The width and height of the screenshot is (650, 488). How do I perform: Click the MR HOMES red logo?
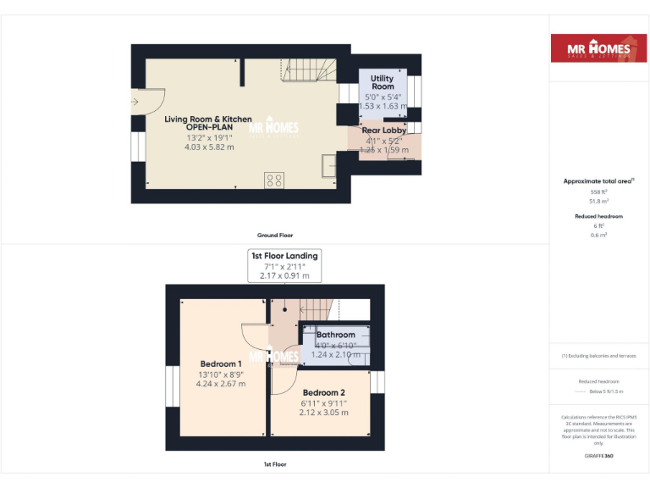coord(599,49)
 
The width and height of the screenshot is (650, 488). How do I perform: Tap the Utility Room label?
coord(383,83)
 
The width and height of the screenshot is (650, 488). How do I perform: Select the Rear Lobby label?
coord(383,130)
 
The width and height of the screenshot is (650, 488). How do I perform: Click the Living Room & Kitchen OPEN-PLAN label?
coord(207,124)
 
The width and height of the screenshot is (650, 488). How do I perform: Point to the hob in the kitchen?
coord(274,180)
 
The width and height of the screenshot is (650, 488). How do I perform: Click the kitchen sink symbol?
coord(328,167)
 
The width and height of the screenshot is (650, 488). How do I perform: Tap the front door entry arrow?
coord(135,102)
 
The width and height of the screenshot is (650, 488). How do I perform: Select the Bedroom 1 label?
coord(221,364)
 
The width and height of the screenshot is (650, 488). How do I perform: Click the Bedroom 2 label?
coord(324,393)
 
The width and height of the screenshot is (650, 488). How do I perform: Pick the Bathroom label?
coord(335,335)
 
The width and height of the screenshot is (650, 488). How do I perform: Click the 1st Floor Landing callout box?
coord(284,265)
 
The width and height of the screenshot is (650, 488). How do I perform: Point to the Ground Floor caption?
coord(274,235)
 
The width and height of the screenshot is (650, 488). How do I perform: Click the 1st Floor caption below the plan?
coord(274,465)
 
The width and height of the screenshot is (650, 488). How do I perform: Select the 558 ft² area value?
coord(598,192)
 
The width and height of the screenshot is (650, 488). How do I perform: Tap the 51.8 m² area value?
coord(598,201)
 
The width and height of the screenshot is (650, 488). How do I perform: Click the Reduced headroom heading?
coord(598,216)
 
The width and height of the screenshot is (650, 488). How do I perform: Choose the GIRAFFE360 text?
coord(598,456)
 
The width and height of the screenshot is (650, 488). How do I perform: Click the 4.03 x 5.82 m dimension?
coord(207,147)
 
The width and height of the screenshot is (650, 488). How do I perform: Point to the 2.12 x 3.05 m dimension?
coord(324,413)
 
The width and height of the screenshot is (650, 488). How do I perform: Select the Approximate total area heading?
coord(598,181)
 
